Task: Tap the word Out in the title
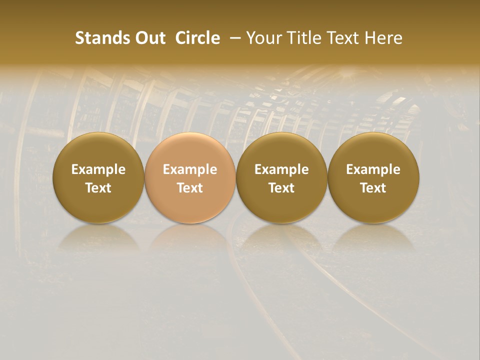tap(149, 38)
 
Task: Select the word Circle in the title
tap(197, 38)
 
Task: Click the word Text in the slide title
tap(343, 38)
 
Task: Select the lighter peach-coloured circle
tap(190, 178)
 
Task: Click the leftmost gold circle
tap(98, 178)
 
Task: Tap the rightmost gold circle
tap(373, 178)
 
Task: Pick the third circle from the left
tap(281, 178)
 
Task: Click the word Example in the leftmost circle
tap(98, 169)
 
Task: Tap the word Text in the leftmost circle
tap(98, 188)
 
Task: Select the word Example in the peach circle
tap(190, 169)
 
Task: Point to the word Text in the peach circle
tap(190, 188)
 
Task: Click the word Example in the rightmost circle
tap(373, 169)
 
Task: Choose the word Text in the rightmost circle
tap(373, 188)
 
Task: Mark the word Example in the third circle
tap(281, 169)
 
